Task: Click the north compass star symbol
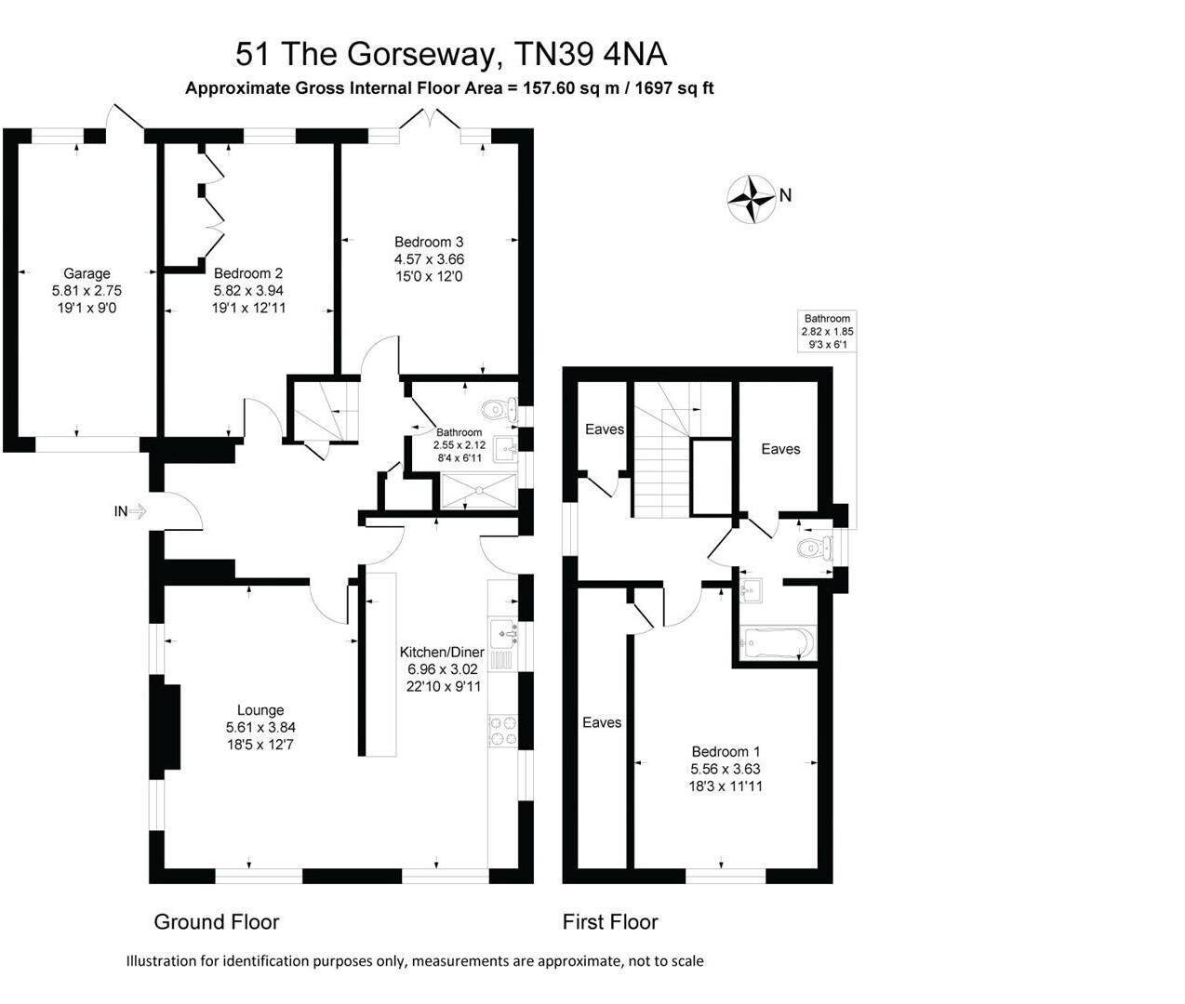click(751, 198)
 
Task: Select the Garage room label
click(87, 273)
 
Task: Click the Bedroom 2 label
click(247, 273)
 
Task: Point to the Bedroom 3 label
click(429, 243)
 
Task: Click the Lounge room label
click(260, 710)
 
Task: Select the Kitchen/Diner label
click(442, 652)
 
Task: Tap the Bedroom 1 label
click(726, 751)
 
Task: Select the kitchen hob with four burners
click(503, 730)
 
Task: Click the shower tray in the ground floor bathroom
click(478, 490)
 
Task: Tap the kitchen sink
click(505, 632)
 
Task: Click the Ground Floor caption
click(217, 922)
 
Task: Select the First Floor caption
click(610, 922)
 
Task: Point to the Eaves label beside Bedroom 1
click(601, 722)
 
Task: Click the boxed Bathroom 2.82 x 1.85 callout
click(827, 331)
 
